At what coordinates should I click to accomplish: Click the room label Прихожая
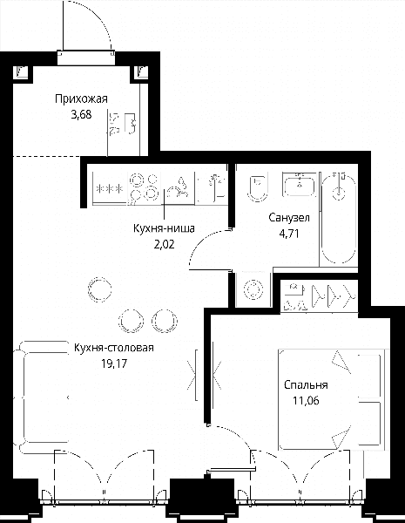pyautogui.click(x=81, y=99)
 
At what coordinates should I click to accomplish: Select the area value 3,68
pyautogui.click(x=81, y=115)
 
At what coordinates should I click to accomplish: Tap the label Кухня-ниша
pyautogui.click(x=164, y=228)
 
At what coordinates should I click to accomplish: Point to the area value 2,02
pyautogui.click(x=164, y=245)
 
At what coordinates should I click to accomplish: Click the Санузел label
pyautogui.click(x=289, y=218)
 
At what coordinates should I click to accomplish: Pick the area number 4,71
pyautogui.click(x=289, y=234)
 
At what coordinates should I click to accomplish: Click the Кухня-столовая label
pyautogui.click(x=114, y=348)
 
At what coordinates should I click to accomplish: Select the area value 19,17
pyautogui.click(x=114, y=363)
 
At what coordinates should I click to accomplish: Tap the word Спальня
pyautogui.click(x=306, y=385)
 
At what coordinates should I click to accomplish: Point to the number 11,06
pyautogui.click(x=306, y=401)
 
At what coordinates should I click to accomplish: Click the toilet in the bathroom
pyautogui.click(x=258, y=187)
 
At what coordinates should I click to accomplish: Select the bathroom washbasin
pyautogui.click(x=299, y=185)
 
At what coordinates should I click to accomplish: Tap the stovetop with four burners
pyautogui.click(x=144, y=188)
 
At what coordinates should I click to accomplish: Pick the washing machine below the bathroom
pyautogui.click(x=253, y=289)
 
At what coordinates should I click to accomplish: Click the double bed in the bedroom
pyautogui.click(x=330, y=399)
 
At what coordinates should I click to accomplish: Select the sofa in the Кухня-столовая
pyautogui.click(x=42, y=397)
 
